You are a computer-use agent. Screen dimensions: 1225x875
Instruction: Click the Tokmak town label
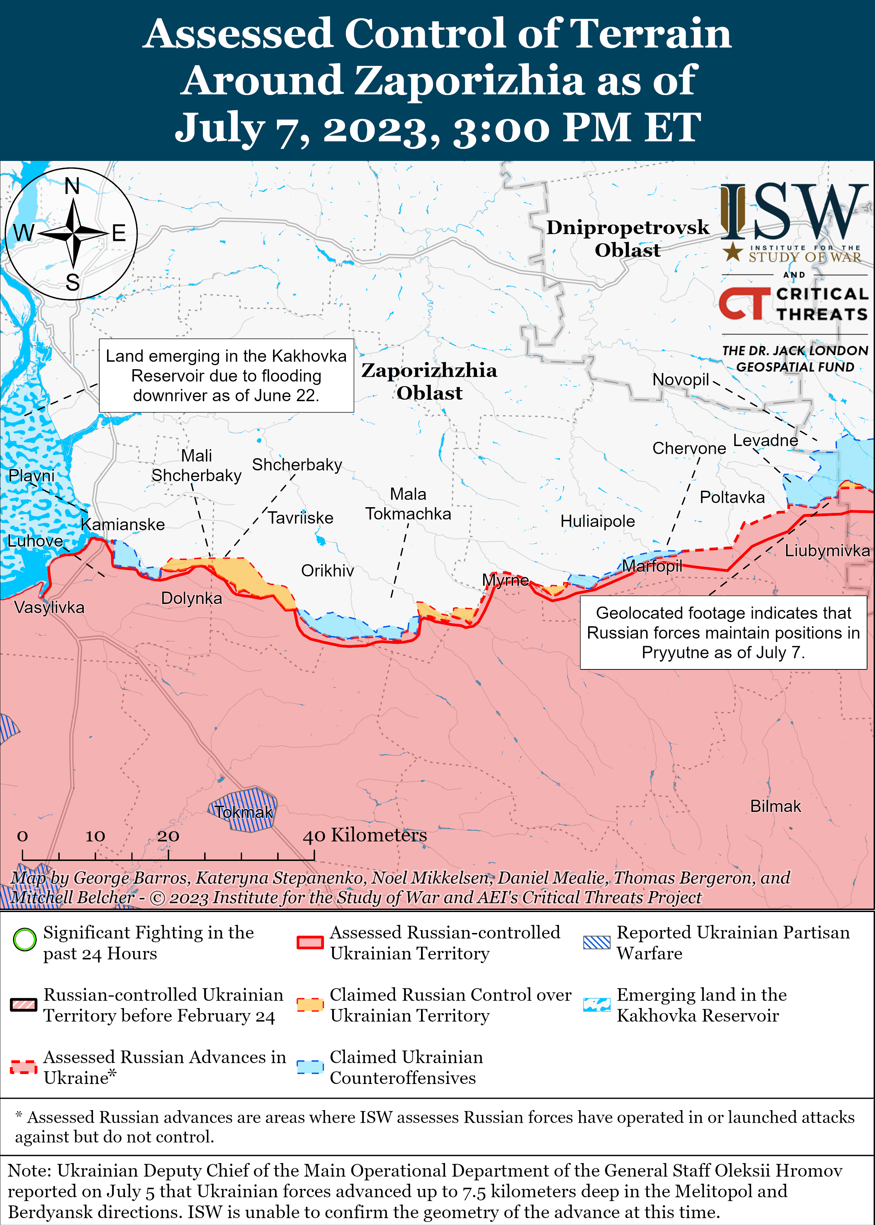(x=244, y=812)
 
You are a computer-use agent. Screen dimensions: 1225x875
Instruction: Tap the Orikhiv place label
(x=328, y=571)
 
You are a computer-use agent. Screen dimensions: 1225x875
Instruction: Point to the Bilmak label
(x=775, y=806)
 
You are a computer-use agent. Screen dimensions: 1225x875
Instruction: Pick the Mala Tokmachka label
(x=408, y=504)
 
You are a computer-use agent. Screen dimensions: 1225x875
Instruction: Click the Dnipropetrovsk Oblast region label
(x=628, y=238)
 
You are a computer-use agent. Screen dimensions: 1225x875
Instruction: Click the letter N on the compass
(x=72, y=186)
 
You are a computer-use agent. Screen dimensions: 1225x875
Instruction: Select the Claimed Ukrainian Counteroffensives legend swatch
(x=310, y=1067)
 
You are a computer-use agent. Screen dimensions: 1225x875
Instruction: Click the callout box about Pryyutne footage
(x=723, y=632)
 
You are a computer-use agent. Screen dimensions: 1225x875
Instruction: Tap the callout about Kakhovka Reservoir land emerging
(x=226, y=375)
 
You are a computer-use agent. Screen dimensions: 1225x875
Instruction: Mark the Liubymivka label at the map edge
(x=827, y=550)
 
